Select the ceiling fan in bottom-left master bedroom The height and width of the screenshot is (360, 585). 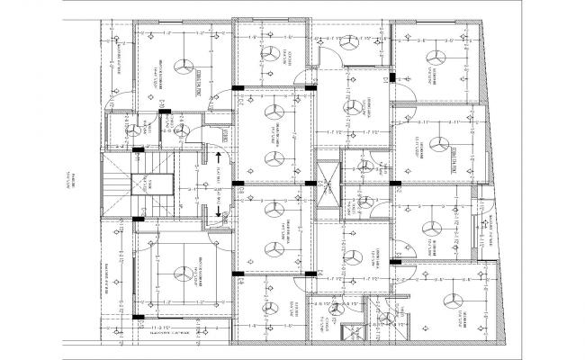pyautogui.click(x=184, y=272)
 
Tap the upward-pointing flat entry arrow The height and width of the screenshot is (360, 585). pyautogui.click(x=219, y=158)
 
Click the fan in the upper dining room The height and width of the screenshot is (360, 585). pyautogui.click(x=357, y=107)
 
